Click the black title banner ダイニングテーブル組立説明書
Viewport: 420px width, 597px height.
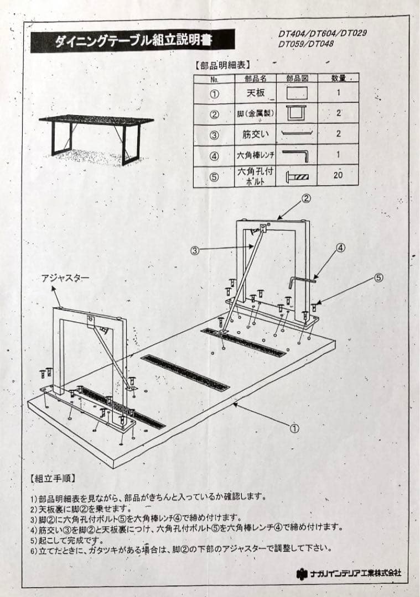[x=133, y=41]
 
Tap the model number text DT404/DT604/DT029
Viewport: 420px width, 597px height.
[x=323, y=34]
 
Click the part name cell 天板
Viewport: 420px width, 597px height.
[x=256, y=93]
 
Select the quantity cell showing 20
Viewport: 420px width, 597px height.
[x=339, y=175]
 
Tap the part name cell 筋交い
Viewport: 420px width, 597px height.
[x=256, y=134]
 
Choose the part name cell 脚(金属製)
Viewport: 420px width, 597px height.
[x=256, y=114]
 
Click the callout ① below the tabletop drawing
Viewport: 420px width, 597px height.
[x=294, y=427]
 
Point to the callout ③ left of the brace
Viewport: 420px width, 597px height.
[x=195, y=250]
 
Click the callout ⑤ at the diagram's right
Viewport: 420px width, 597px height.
[x=378, y=277]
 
